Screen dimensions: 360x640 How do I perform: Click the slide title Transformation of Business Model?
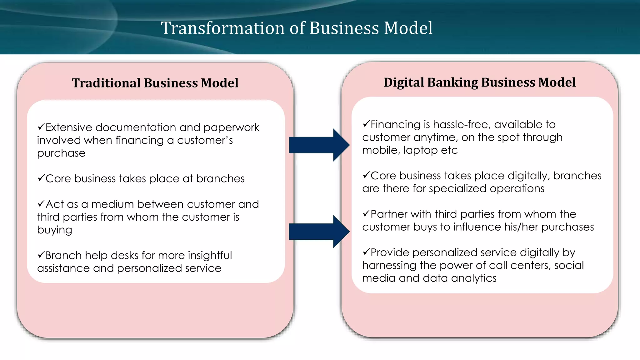click(297, 28)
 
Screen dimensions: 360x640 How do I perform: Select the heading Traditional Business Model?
click(155, 83)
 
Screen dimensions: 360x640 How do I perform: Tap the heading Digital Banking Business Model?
click(479, 82)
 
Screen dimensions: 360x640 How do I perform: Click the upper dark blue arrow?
click(319, 145)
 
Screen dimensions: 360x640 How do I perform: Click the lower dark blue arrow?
click(319, 232)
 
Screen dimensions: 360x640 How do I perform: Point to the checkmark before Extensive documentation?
click(41, 127)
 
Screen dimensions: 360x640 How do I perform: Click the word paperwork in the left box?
click(231, 128)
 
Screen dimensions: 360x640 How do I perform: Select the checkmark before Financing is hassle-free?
click(366, 124)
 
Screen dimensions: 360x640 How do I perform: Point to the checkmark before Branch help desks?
click(41, 255)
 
